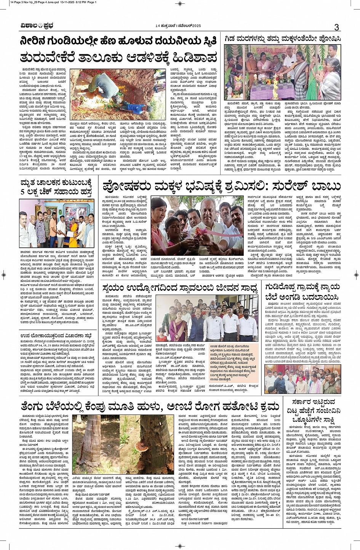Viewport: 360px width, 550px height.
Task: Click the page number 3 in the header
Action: [336, 27]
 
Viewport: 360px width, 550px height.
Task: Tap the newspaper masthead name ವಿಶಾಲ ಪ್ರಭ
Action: [37, 26]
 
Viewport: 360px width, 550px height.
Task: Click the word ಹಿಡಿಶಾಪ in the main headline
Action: [195, 57]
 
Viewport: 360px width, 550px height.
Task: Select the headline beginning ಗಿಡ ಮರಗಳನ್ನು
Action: [282, 39]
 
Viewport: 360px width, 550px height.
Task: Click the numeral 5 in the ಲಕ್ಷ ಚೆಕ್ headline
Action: [23, 192]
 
